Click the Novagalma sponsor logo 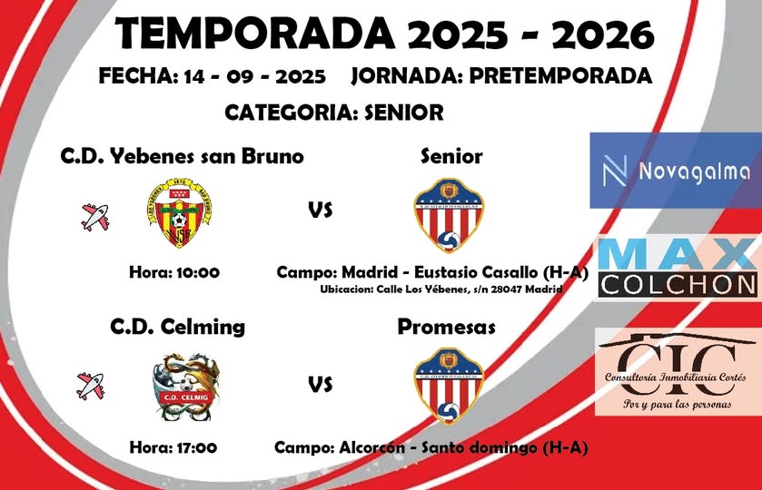coord(675,171)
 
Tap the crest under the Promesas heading coord(449,384)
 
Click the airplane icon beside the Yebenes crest coord(94,216)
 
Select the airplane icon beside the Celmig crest coord(91,385)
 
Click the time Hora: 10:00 coord(174,271)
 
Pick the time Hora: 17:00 coord(173,446)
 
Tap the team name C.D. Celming coord(177,326)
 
